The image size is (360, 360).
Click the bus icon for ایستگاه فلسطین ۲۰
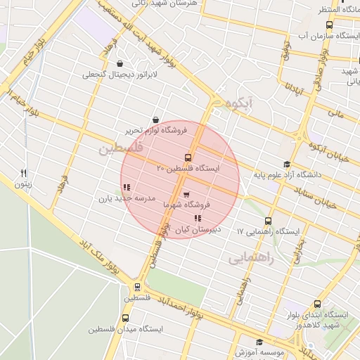188,157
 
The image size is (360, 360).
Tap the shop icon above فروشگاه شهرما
186,195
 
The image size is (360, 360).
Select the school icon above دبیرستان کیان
197,219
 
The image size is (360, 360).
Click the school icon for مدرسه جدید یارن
127,188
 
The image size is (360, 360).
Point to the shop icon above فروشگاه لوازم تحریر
155,120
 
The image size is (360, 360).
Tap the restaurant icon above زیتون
24,173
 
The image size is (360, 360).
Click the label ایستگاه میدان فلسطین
126,329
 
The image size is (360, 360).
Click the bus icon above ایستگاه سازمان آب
330,25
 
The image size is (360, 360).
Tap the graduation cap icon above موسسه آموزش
259,342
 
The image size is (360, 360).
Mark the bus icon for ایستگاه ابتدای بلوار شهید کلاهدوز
319,304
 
